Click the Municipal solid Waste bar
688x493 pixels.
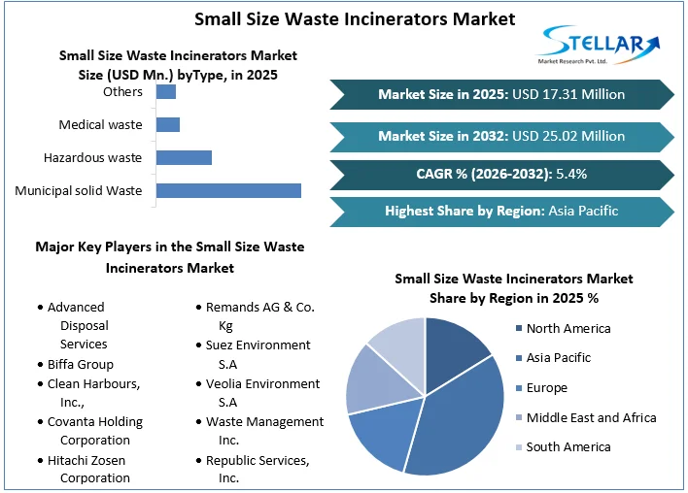click(228, 190)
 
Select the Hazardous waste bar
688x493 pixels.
click(184, 158)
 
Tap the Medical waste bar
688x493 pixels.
click(168, 125)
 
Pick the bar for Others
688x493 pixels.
click(166, 91)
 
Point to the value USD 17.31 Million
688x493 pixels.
click(568, 94)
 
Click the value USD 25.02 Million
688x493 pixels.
click(568, 136)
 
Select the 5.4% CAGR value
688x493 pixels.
click(571, 174)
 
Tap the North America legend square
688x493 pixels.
click(519, 328)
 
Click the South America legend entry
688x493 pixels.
click(564, 447)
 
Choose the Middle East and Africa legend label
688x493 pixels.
click(591, 417)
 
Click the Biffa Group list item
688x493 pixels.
click(76, 365)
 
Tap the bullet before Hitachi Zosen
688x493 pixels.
click(41, 461)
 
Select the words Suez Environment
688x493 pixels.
click(258, 345)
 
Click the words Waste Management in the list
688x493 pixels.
click(264, 421)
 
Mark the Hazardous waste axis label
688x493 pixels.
click(92, 158)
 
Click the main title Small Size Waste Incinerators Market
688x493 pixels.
click(355, 19)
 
